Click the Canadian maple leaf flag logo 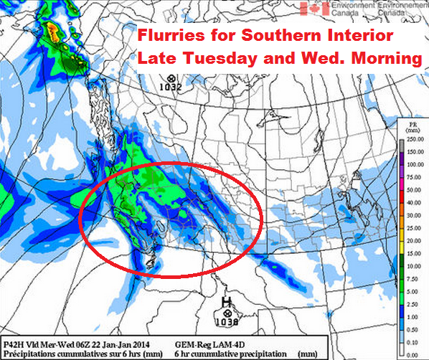click(313, 8)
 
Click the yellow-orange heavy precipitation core click(52, 30)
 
